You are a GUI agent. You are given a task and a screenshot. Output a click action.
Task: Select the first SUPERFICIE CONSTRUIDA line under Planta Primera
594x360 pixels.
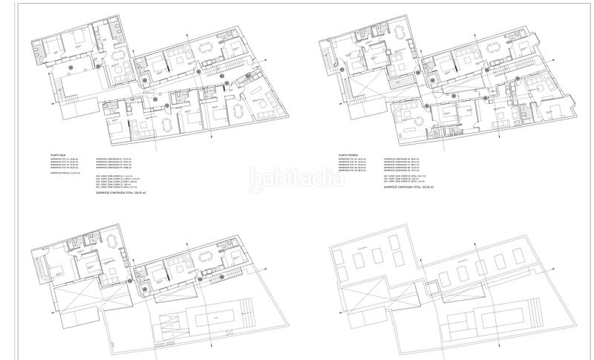tap(400, 160)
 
